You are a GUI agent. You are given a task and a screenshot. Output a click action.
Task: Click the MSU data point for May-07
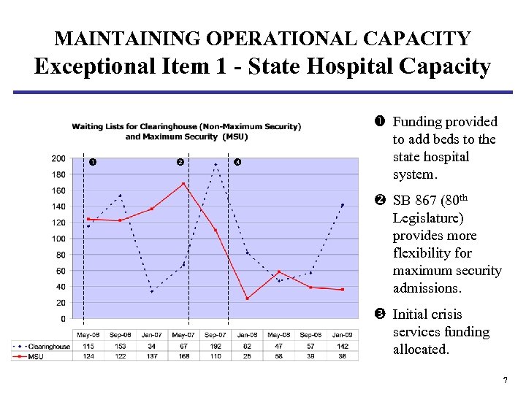tap(183, 184)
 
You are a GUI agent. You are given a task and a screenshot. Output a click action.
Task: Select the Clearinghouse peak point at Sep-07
tap(216, 164)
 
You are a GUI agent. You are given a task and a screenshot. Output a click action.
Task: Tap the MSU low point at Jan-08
tap(247, 298)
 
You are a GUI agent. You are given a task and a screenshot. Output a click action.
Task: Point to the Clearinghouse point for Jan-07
tap(152, 291)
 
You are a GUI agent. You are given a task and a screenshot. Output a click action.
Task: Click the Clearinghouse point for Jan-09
tap(342, 205)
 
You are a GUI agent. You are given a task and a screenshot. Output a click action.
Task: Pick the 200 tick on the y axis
tap(58, 158)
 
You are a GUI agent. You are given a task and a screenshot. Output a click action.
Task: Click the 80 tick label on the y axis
tap(60, 255)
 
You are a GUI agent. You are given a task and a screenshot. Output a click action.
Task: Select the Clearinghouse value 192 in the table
tap(216, 346)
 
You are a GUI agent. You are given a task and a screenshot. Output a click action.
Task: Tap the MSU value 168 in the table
tap(183, 355)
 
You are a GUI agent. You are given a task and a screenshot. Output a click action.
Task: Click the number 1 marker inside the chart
tap(91, 161)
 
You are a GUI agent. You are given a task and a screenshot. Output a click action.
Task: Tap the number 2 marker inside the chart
tap(180, 161)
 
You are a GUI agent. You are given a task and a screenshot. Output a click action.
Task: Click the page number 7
tap(505, 381)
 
